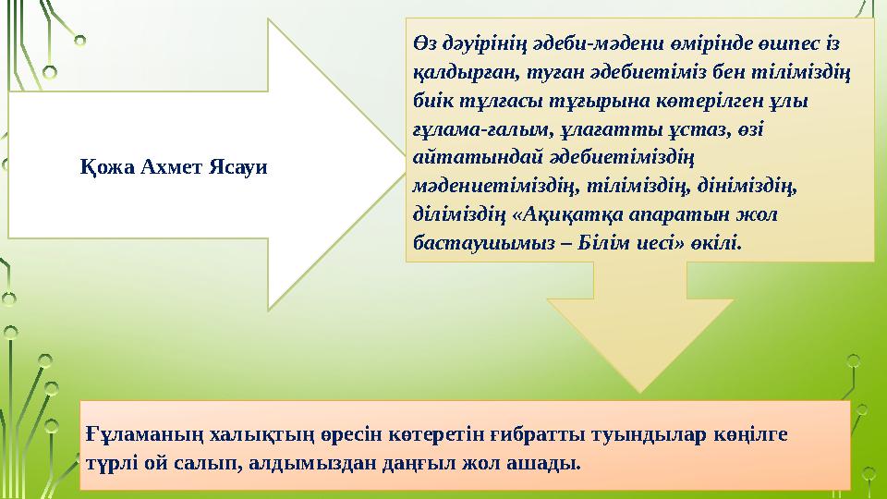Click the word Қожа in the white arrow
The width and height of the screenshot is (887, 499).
coord(103,167)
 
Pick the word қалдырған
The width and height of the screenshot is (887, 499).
coord(456,75)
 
